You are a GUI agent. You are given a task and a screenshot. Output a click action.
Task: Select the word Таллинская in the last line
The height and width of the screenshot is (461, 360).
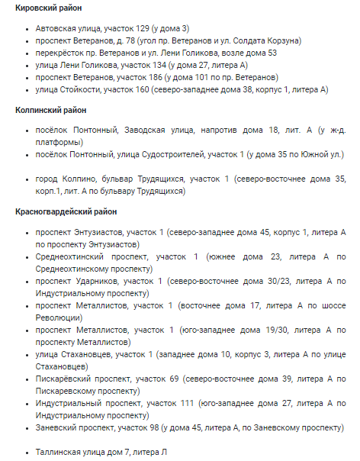click(61, 452)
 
